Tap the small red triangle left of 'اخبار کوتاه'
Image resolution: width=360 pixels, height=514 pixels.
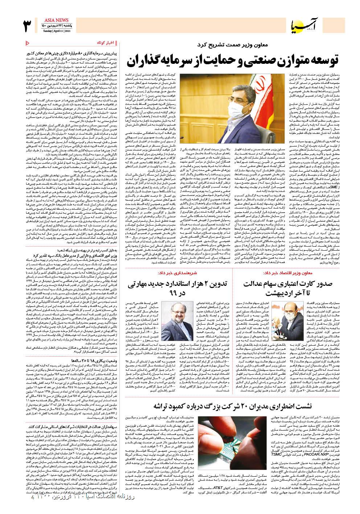[29, 43]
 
